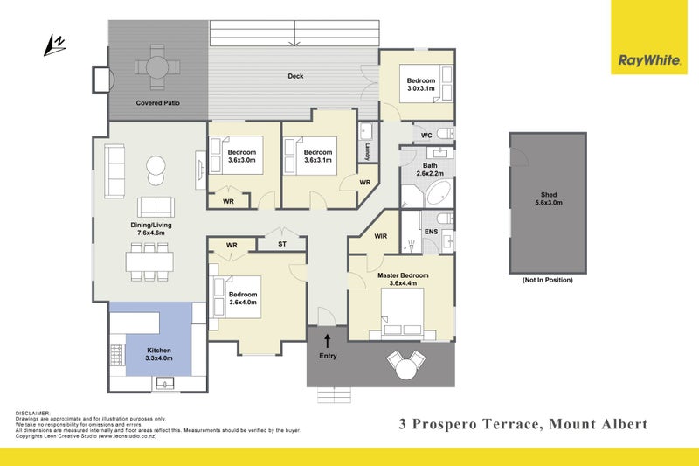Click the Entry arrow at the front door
click(x=328, y=340)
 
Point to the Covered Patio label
click(x=157, y=103)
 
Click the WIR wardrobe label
click(x=380, y=236)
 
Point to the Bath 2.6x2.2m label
click(x=430, y=170)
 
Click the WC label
click(x=426, y=136)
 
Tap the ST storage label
click(x=282, y=244)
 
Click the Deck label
click(x=295, y=76)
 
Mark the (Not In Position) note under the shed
click(x=547, y=281)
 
